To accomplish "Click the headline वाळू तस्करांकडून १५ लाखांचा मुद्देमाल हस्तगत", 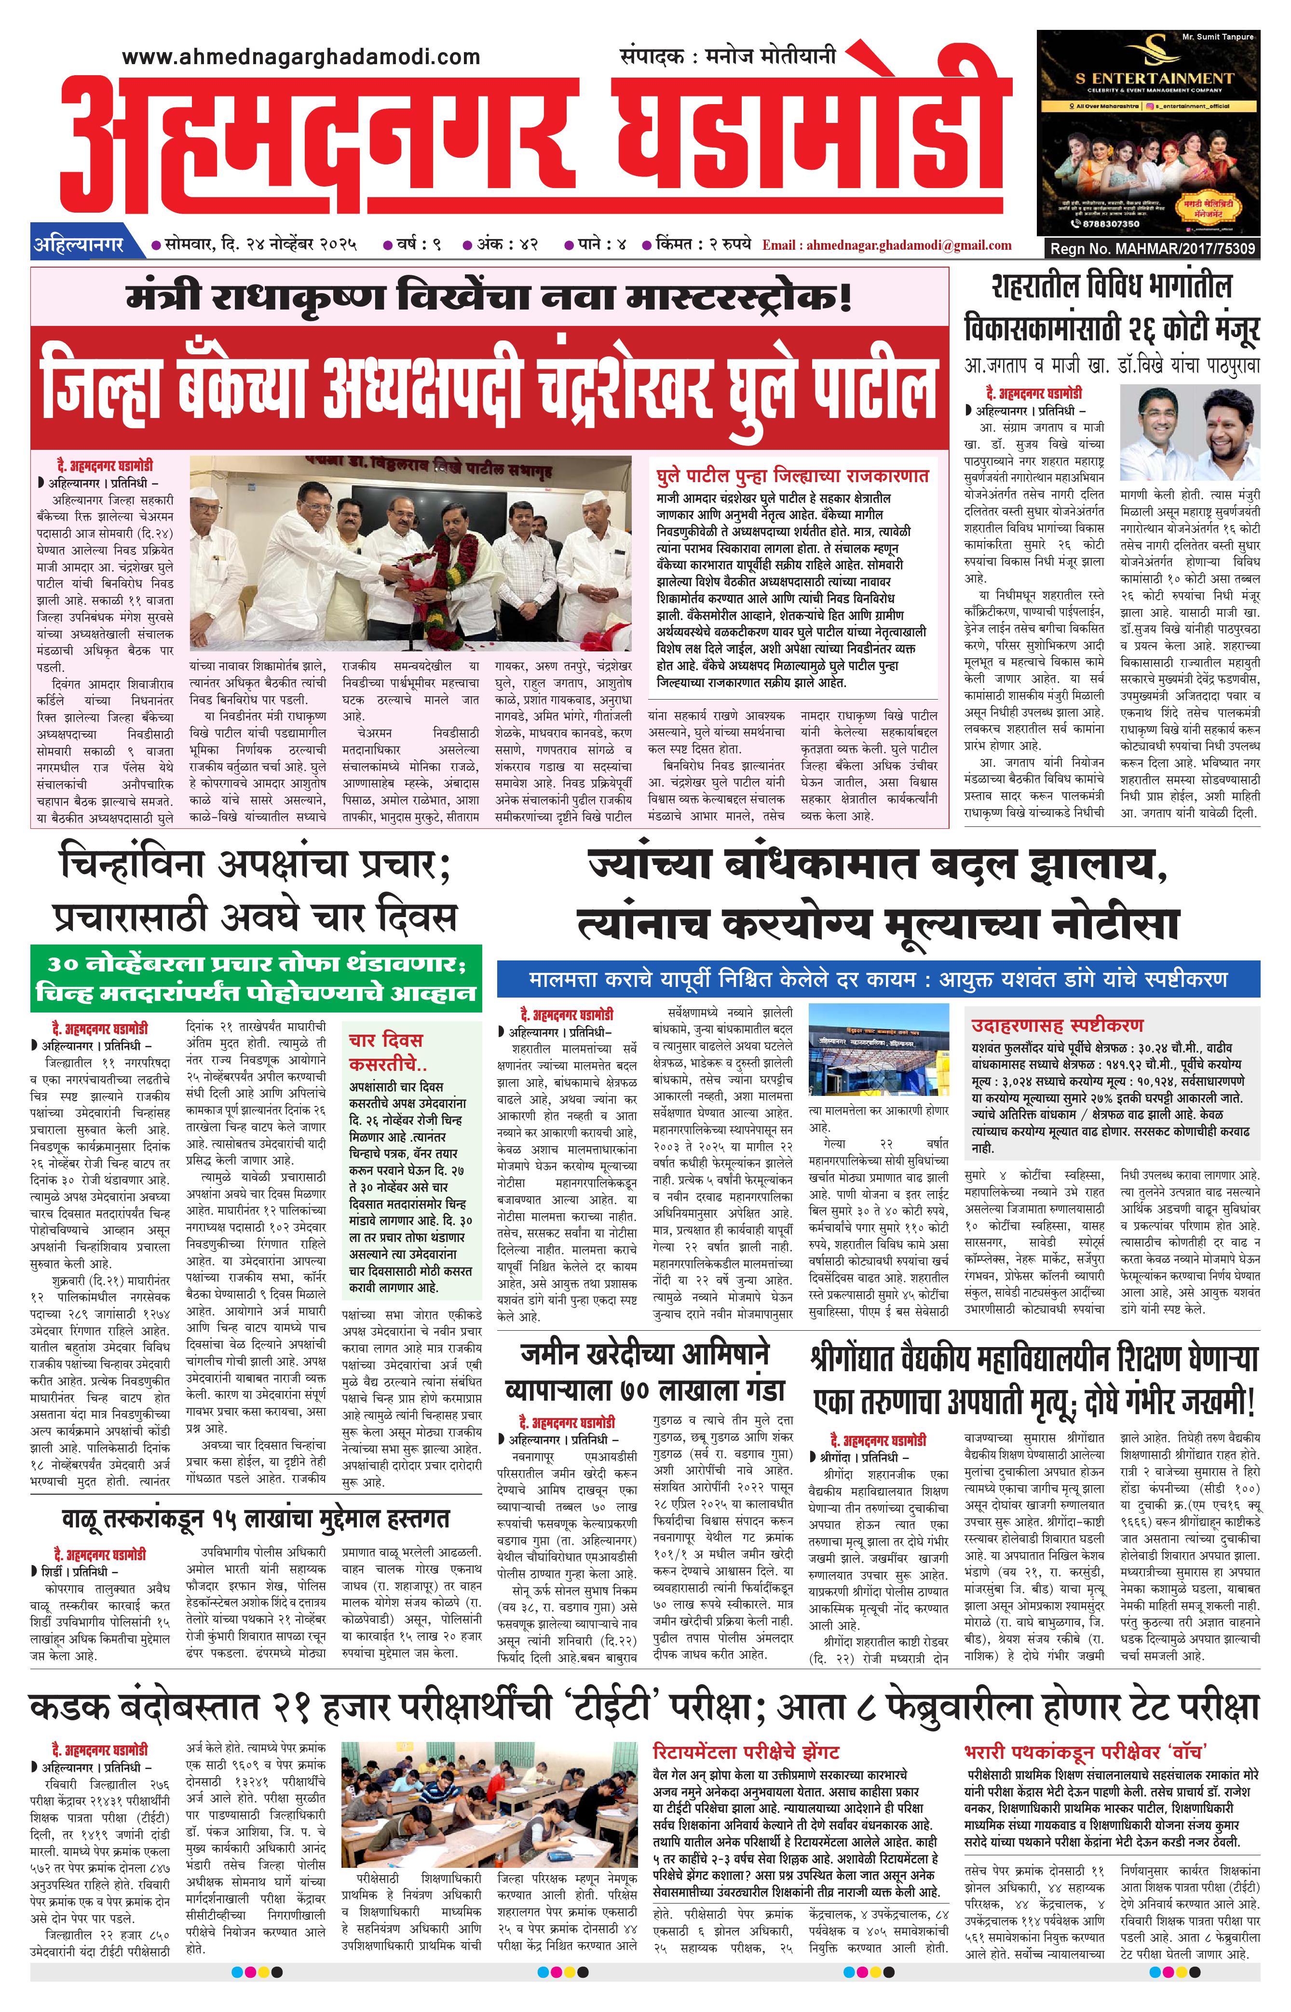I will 256,1518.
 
